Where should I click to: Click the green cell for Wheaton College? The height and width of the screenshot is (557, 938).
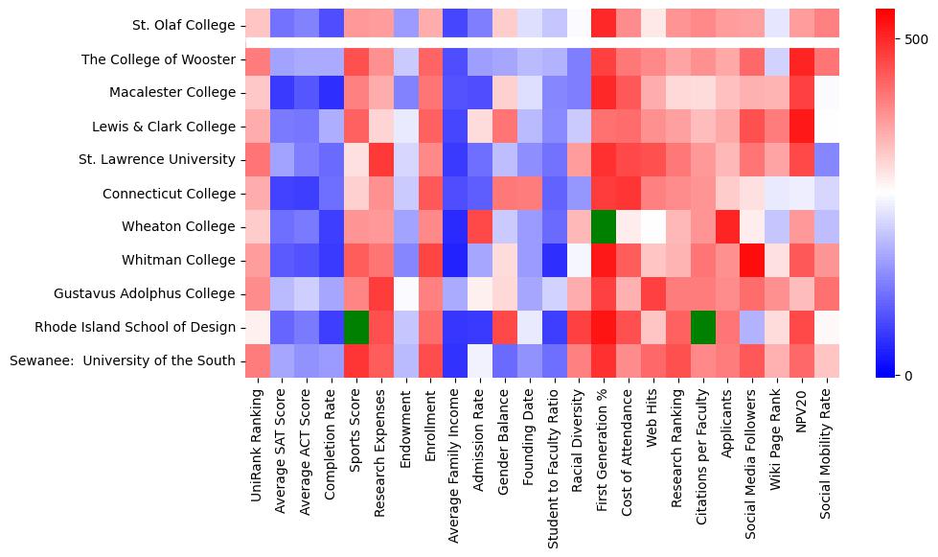point(603,226)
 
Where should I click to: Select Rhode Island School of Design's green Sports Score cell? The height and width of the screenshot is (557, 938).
point(356,327)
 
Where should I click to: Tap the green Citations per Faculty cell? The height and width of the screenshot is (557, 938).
point(702,327)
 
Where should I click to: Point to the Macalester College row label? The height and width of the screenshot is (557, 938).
point(172,93)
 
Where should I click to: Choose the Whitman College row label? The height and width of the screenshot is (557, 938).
point(179,260)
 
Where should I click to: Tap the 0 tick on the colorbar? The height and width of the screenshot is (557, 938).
point(908,375)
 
